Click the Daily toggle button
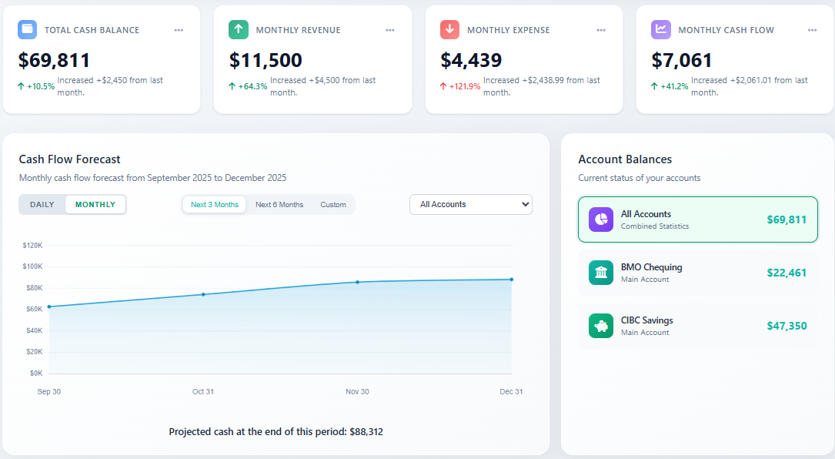tap(42, 204)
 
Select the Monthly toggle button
tap(95, 204)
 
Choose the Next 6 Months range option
tap(279, 204)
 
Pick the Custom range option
tap(333, 204)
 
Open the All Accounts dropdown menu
tap(470, 204)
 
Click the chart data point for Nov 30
tap(357, 282)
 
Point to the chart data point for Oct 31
tap(203, 294)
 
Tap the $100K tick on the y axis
tap(33, 266)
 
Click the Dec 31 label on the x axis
tap(511, 392)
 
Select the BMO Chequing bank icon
tap(601, 273)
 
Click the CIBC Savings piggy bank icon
tap(601, 326)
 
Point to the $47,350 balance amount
tap(787, 326)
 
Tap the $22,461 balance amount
tap(787, 273)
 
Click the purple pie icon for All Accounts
tap(601, 219)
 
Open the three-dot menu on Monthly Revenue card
tap(389, 30)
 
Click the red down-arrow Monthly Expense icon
tap(450, 30)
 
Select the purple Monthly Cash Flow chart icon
tap(661, 30)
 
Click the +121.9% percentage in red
tap(464, 86)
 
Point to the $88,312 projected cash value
tap(366, 432)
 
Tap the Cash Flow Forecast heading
tap(70, 159)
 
